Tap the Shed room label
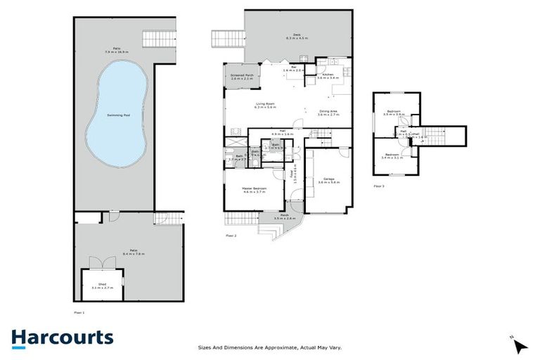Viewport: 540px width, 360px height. (x=103, y=286)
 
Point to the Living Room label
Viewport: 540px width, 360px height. (x=265, y=106)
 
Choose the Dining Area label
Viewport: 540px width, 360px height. (x=328, y=112)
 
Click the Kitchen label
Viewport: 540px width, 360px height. (x=328, y=76)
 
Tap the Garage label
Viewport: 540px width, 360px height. (x=328, y=180)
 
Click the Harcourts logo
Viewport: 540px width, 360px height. (x=62, y=337)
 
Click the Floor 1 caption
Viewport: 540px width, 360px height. (x=79, y=311)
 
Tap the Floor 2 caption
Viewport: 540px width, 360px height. (x=230, y=235)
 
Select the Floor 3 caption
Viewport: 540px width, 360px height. (x=379, y=186)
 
